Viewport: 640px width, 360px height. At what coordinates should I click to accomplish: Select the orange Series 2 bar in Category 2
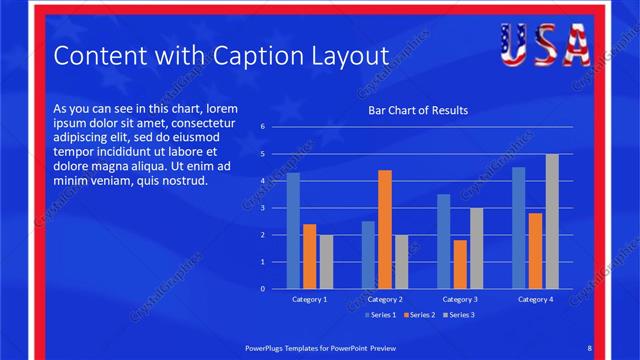385,229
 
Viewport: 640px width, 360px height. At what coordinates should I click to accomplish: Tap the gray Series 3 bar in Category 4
552,221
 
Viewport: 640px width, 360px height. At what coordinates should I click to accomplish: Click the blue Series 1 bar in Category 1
293,230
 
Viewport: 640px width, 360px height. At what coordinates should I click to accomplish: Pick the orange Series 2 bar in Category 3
460,264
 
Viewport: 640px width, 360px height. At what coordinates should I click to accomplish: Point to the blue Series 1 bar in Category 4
518,228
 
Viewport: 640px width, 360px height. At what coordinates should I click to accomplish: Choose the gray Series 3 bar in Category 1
326,262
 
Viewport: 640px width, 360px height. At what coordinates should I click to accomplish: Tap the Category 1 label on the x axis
309,299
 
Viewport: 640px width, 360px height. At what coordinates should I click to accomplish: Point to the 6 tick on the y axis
262,127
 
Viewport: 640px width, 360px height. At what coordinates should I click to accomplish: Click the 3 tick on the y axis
262,208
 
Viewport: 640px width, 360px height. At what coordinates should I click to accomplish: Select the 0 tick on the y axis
262,289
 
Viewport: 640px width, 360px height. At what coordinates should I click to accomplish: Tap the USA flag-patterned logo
544,44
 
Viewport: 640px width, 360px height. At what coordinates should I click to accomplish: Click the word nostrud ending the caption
183,181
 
